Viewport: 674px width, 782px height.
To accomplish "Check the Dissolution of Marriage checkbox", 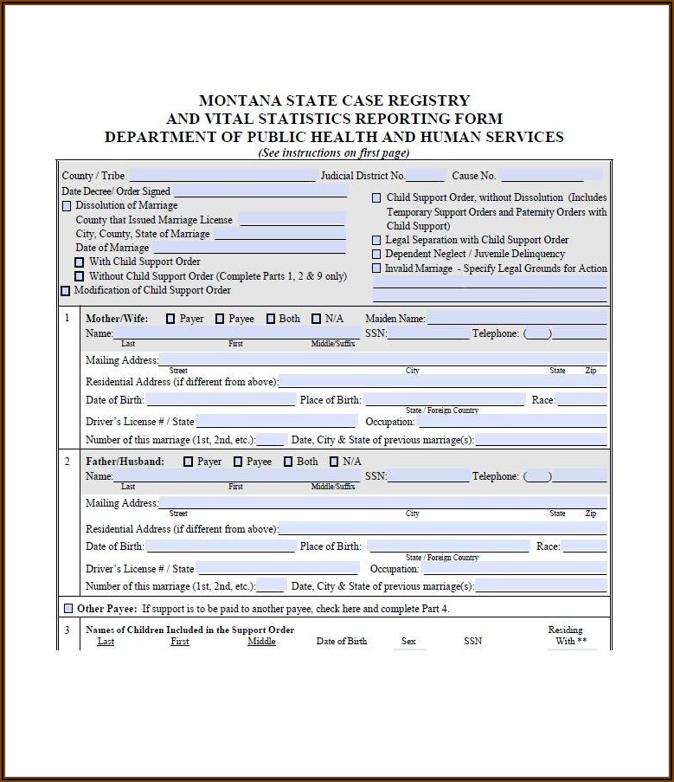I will (x=67, y=206).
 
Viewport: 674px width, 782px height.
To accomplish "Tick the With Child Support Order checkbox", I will (x=80, y=262).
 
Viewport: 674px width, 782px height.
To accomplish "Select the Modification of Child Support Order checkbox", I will (x=66, y=290).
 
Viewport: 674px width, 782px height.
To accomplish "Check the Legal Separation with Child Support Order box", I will (x=376, y=240).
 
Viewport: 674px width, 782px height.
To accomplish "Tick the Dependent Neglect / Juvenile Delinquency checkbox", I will (x=376, y=254).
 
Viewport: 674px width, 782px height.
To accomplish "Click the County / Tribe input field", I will (x=222, y=176).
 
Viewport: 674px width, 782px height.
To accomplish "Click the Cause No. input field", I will (x=551, y=176).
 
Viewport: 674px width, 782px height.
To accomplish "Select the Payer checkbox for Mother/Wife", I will (x=170, y=319).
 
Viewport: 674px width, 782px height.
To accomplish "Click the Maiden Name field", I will (x=517, y=319).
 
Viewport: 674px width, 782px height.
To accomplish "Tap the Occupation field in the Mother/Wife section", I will (x=512, y=422).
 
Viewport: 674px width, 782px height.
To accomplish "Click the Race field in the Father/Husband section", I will (x=584, y=546).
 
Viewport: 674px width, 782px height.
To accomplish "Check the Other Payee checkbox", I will (x=68, y=609).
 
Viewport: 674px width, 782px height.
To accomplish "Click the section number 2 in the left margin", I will (x=67, y=461).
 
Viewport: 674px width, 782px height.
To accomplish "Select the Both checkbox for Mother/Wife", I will (x=271, y=319).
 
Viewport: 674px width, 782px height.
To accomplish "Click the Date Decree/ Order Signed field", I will (x=260, y=191).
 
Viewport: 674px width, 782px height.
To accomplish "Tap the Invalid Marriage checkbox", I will (x=376, y=268).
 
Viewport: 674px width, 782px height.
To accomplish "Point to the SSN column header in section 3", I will (x=472, y=641).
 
